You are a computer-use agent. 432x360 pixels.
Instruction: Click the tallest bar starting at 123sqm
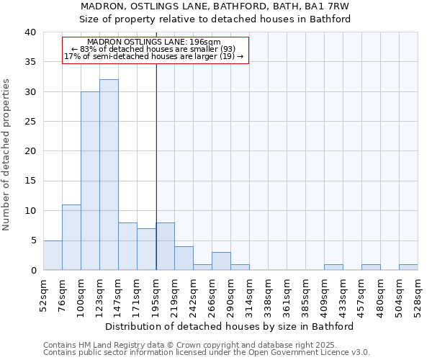pyautogui.click(x=109, y=175)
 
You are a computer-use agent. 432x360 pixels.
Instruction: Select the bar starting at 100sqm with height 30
pyautogui.click(x=90, y=181)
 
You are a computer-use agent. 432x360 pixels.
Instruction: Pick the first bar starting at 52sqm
pyautogui.click(x=53, y=255)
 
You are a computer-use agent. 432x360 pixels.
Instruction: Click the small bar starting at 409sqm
pyautogui.click(x=333, y=267)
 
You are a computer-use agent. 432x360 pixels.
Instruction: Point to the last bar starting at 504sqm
pyautogui.click(x=408, y=267)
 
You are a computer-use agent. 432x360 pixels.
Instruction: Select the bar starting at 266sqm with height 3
pyautogui.click(x=221, y=261)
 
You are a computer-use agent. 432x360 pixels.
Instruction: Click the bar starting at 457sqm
pyautogui.click(x=371, y=267)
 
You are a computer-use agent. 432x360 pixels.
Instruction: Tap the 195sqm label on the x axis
pyautogui.click(x=156, y=294)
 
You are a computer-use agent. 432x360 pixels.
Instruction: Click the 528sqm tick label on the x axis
pyautogui.click(x=418, y=294)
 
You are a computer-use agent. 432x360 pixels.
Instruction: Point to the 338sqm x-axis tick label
pyautogui.click(x=268, y=294)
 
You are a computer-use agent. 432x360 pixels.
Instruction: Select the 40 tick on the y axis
pyautogui.click(x=30, y=32)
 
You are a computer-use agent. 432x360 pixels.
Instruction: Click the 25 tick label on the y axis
pyautogui.click(x=30, y=122)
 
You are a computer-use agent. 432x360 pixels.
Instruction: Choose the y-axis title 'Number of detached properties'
pyautogui.click(x=7, y=151)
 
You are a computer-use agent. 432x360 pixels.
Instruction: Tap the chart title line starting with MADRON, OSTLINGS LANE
pyautogui.click(x=215, y=6)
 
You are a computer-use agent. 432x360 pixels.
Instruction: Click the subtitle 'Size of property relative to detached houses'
pyautogui.click(x=215, y=19)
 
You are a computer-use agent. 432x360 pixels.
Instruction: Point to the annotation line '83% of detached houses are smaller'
pyautogui.click(x=154, y=49)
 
